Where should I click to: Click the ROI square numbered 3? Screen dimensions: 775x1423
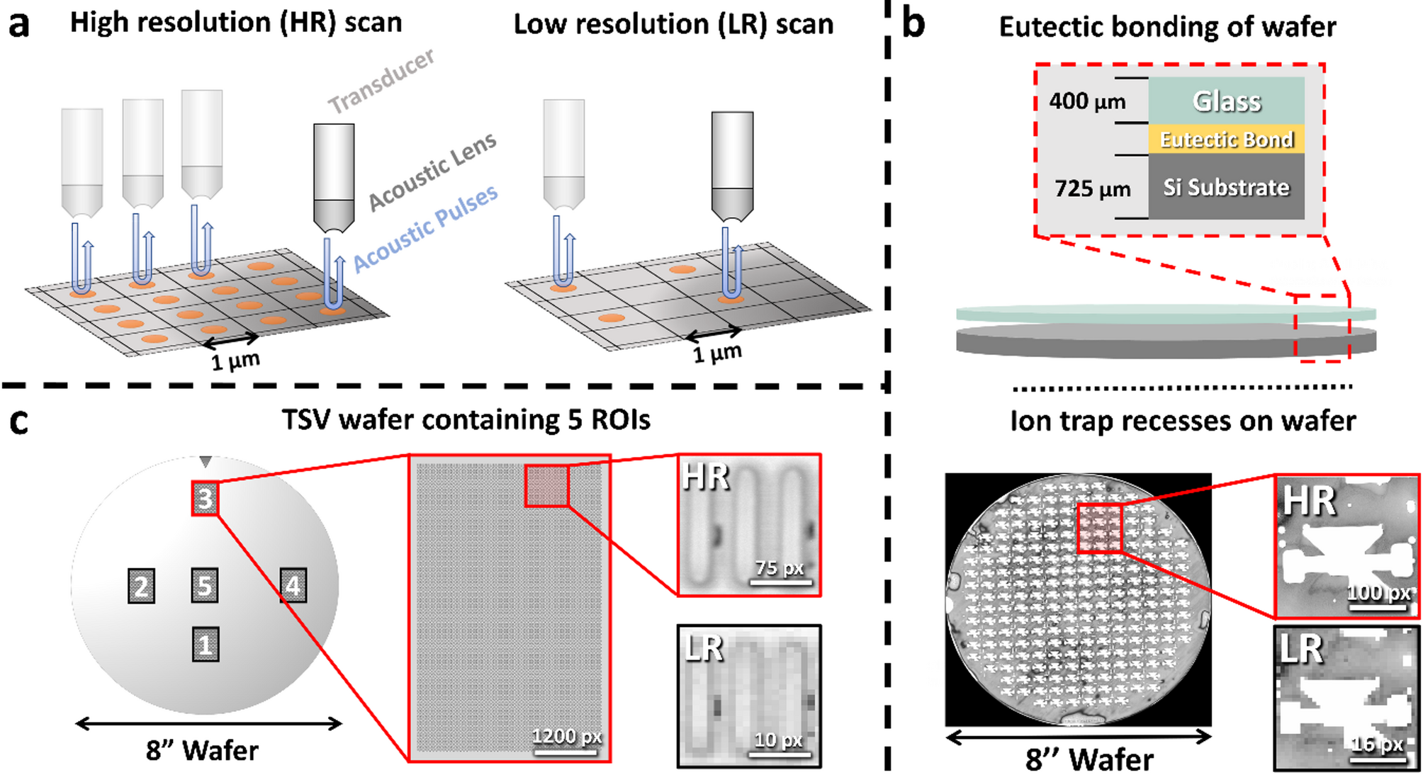click(205, 498)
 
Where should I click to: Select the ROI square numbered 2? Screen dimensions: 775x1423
click(141, 586)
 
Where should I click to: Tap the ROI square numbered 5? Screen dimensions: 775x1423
click(205, 586)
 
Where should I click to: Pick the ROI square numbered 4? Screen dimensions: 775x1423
click(293, 585)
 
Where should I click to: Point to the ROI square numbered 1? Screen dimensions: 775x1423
click(205, 645)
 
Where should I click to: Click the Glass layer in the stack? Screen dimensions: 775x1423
click(1226, 101)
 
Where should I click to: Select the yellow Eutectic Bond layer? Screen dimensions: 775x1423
click(1226, 140)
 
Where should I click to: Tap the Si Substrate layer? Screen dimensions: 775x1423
click(1226, 187)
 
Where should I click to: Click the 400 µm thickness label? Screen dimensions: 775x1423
click(1087, 101)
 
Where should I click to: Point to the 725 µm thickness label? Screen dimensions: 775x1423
click(1092, 189)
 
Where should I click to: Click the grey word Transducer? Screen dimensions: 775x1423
click(381, 81)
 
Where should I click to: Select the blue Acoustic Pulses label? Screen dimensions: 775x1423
click(425, 228)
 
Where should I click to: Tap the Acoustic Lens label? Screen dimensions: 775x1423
click(432, 172)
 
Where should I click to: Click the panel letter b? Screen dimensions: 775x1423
click(913, 24)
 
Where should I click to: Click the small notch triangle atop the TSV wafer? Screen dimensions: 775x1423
click(206, 462)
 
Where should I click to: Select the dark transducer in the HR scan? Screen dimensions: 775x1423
click(334, 177)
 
